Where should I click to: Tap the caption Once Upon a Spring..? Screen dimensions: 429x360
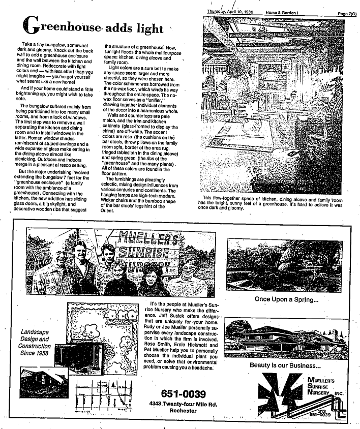click(287, 299)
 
